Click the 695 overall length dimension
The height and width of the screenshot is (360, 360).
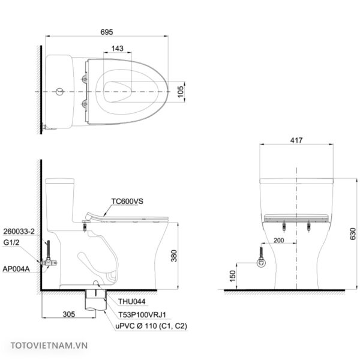point(107,32)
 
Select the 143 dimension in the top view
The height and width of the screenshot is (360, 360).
point(118,49)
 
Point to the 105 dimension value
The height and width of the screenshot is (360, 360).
point(181,91)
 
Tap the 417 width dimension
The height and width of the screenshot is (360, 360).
point(296,140)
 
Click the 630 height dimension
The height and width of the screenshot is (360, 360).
point(353,234)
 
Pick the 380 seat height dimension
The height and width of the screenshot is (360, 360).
point(174,256)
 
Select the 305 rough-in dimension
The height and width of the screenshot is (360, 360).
point(69,314)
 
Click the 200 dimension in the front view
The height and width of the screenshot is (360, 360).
point(279,241)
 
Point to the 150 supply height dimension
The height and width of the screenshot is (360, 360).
point(233,276)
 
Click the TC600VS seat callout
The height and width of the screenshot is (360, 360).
point(127,202)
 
